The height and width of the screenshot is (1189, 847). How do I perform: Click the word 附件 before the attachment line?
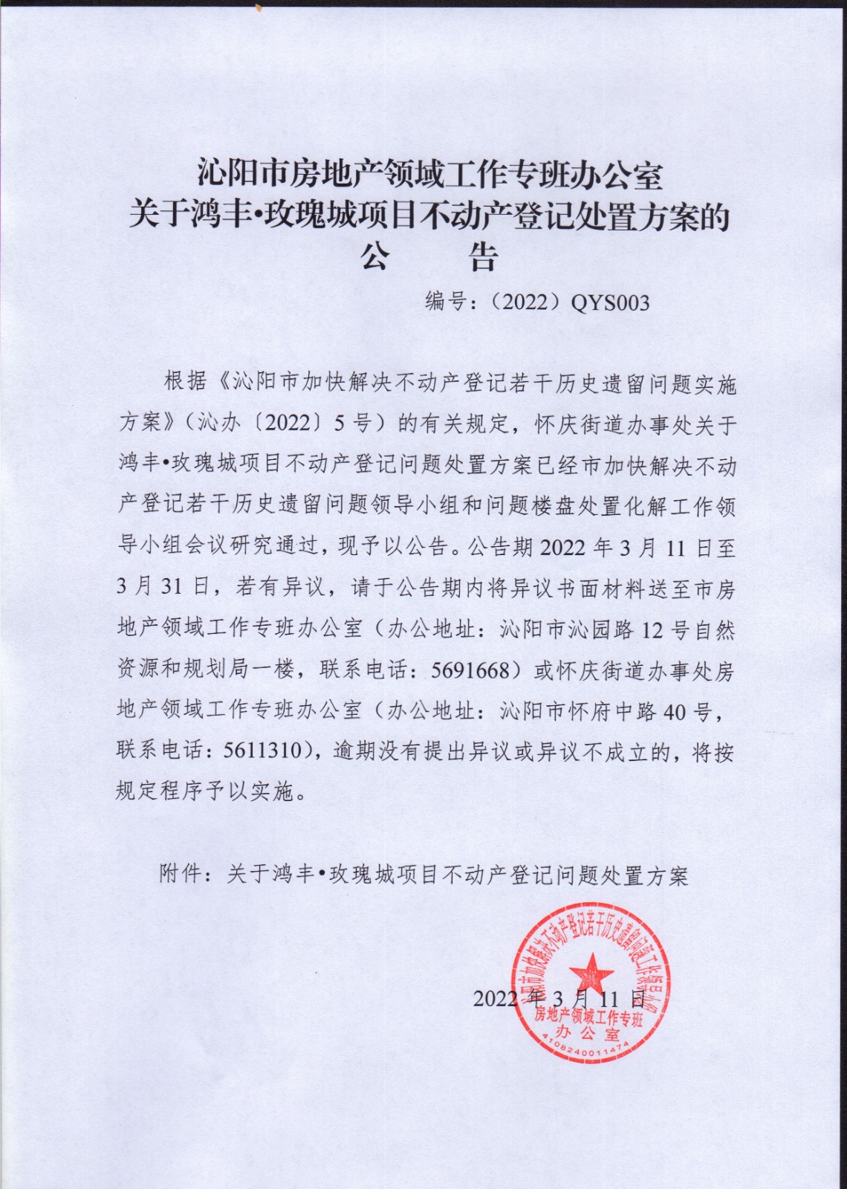coord(180,874)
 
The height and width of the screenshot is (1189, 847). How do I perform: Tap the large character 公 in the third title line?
coord(376,259)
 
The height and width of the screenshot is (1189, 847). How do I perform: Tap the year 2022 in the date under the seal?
coord(495,998)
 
